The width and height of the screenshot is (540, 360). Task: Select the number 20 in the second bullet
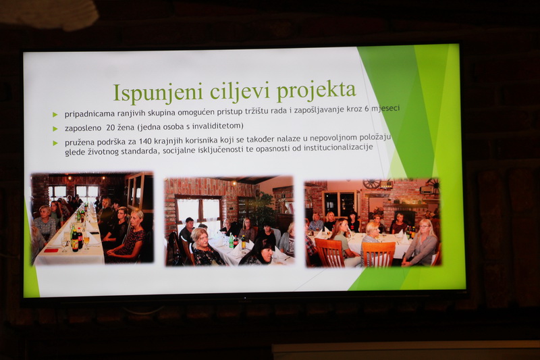(x=111, y=127)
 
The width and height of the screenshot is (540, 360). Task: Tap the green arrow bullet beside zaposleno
(x=55, y=129)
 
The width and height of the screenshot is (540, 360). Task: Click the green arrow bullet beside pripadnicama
(x=55, y=114)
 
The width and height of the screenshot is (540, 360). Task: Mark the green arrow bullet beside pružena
(x=55, y=143)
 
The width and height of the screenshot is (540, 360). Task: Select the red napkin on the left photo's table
(x=51, y=251)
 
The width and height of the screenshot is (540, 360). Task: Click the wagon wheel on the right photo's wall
(x=372, y=184)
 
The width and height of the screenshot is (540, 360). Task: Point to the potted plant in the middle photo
(x=264, y=209)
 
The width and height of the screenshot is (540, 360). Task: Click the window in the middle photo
(x=198, y=211)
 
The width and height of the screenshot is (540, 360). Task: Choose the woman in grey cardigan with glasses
(x=421, y=243)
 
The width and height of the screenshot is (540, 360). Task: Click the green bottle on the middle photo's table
(x=232, y=241)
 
